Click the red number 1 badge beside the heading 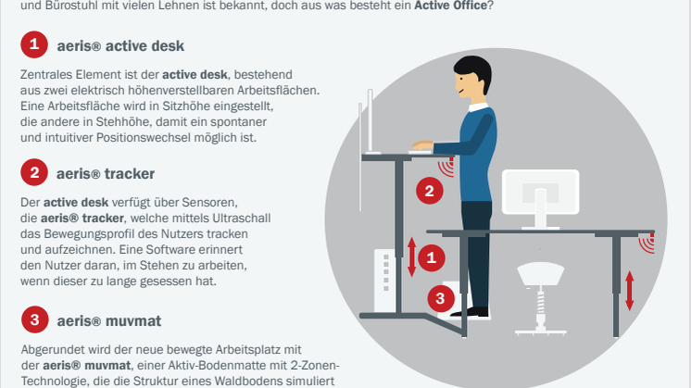pos(34,44)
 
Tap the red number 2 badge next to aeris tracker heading pos(34,172)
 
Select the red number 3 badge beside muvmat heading pos(34,319)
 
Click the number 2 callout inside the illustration pos(429,191)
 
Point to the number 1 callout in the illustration pos(431,257)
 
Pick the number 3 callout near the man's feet pos(441,298)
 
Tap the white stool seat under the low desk pos(540,274)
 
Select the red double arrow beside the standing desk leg pos(411,257)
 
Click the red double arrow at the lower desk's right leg pos(629,291)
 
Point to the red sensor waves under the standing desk pos(446,167)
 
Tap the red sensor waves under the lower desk pos(647,244)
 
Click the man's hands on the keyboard pos(422,145)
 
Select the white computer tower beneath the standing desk pos(384,281)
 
